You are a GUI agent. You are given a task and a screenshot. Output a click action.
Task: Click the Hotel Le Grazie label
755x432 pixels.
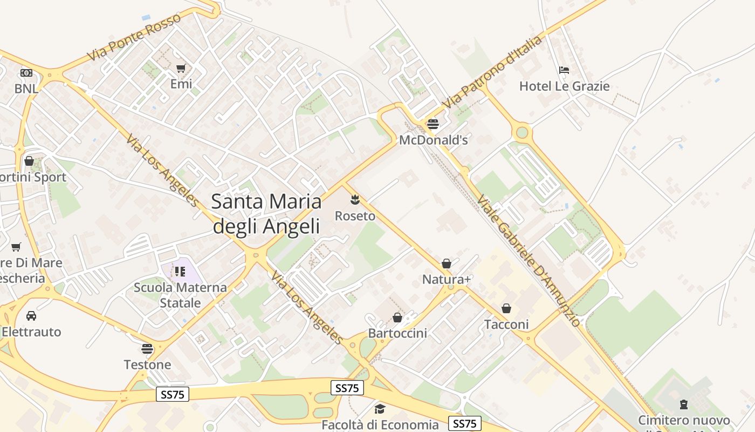point(564,86)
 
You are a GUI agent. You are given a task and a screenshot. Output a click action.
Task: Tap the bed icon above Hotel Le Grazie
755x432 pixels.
point(564,70)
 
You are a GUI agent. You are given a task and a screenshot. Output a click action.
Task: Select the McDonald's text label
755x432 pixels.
point(433,140)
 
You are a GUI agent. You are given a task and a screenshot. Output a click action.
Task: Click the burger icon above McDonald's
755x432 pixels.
point(433,124)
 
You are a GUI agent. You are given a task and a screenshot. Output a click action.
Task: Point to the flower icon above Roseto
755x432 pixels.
point(355,200)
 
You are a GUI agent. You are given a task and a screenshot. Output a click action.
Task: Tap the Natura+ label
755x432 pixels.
point(447,279)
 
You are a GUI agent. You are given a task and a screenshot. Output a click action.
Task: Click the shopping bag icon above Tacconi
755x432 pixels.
point(506,308)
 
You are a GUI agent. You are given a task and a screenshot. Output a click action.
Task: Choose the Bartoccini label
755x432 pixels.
point(397,333)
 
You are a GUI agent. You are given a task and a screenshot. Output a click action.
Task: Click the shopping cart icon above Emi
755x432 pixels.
point(181,68)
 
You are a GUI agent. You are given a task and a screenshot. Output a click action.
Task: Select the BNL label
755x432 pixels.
point(26,88)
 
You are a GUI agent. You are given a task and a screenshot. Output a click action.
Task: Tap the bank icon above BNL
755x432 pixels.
point(26,72)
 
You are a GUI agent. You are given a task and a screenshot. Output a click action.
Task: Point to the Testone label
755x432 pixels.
point(147,364)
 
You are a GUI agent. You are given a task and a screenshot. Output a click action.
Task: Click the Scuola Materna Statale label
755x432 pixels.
point(180,295)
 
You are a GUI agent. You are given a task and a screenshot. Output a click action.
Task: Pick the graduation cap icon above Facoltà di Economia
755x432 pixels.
point(380,409)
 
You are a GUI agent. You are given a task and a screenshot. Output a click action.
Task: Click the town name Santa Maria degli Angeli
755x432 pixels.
point(266,214)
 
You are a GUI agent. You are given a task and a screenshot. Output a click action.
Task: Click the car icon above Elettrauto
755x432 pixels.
point(31,316)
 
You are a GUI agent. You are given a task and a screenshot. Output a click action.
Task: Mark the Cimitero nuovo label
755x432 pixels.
point(684,420)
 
